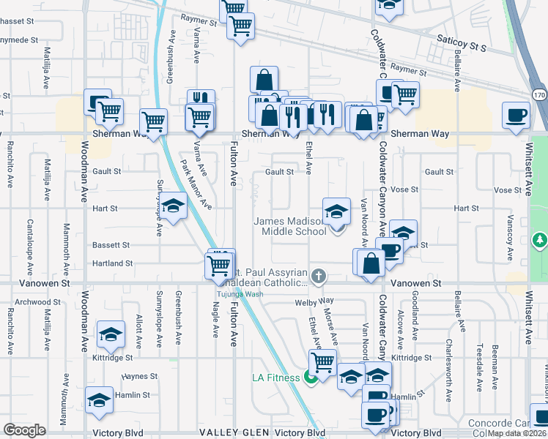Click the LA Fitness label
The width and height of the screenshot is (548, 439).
(275, 378)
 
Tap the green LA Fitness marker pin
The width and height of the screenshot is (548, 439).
(310, 378)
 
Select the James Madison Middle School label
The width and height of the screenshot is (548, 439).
(290, 226)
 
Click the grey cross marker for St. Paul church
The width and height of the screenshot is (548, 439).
(318, 277)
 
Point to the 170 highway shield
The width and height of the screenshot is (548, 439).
(540, 96)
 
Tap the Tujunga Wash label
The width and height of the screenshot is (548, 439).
(237, 294)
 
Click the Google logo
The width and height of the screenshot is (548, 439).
(24, 430)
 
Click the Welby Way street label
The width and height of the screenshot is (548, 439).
(314, 301)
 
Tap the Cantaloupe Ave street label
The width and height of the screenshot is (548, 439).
(30, 241)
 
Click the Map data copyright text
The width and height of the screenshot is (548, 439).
(516, 433)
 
